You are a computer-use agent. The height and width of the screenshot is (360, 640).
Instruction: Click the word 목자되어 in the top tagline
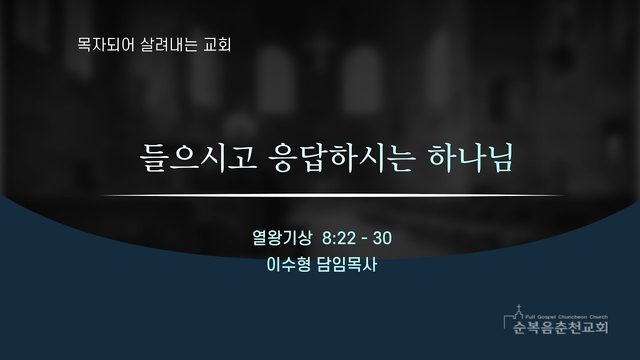105,44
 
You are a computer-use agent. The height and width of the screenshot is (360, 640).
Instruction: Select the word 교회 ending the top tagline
217,44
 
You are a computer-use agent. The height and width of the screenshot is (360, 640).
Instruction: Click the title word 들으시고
198,157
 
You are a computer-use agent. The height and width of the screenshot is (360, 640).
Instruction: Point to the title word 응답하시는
342,157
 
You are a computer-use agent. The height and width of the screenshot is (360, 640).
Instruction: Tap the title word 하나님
470,157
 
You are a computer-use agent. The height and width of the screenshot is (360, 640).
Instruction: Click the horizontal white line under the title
333,196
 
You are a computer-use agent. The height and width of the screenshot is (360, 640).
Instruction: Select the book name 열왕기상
282,238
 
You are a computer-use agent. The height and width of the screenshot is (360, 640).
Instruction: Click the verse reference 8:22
339,238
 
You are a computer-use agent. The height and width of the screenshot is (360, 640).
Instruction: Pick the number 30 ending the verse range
382,238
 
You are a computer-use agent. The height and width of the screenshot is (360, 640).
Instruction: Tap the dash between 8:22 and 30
364,239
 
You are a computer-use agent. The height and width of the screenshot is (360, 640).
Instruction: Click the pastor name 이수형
288,264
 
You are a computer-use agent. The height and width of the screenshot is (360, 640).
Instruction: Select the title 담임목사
347,264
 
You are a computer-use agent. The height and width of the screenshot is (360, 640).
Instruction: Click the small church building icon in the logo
516,315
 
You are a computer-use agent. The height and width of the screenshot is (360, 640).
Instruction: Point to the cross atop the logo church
519,307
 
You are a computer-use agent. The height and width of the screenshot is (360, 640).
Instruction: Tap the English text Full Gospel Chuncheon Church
567,317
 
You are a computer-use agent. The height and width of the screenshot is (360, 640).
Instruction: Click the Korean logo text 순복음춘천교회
560,327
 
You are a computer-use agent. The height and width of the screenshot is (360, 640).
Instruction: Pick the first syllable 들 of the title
153,158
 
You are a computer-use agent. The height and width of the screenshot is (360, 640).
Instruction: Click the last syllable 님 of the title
500,158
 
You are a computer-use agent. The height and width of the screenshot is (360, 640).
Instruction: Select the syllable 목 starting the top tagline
84,44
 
